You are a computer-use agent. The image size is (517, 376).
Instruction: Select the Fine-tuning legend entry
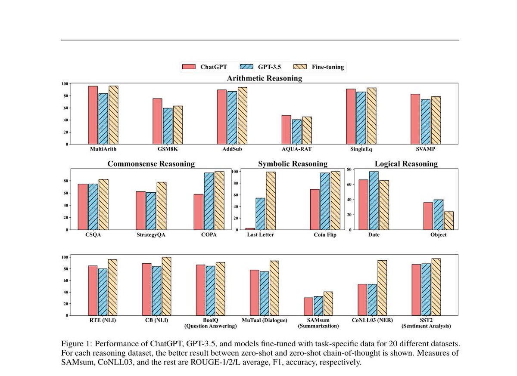tap(319, 67)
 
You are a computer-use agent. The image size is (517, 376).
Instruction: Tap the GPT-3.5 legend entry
tap(260, 67)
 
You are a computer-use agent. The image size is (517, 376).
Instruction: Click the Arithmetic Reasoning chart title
tap(265, 78)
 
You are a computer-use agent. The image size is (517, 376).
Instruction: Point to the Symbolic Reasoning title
tap(293, 164)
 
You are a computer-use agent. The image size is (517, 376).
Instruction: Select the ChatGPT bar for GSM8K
tap(157, 121)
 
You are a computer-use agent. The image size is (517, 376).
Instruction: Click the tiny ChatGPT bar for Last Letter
tap(250, 228)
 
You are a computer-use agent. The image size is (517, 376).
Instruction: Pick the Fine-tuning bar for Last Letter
tap(271, 200)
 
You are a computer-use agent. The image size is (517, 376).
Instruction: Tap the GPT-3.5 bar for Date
tap(374, 200)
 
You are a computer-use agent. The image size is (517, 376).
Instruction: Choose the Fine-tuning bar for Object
tap(448, 220)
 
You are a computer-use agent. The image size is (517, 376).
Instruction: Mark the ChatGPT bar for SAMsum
tap(308, 306)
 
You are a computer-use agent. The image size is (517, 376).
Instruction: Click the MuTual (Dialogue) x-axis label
tap(262, 321)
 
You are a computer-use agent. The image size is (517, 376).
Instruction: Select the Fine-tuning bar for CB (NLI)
tap(166, 286)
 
